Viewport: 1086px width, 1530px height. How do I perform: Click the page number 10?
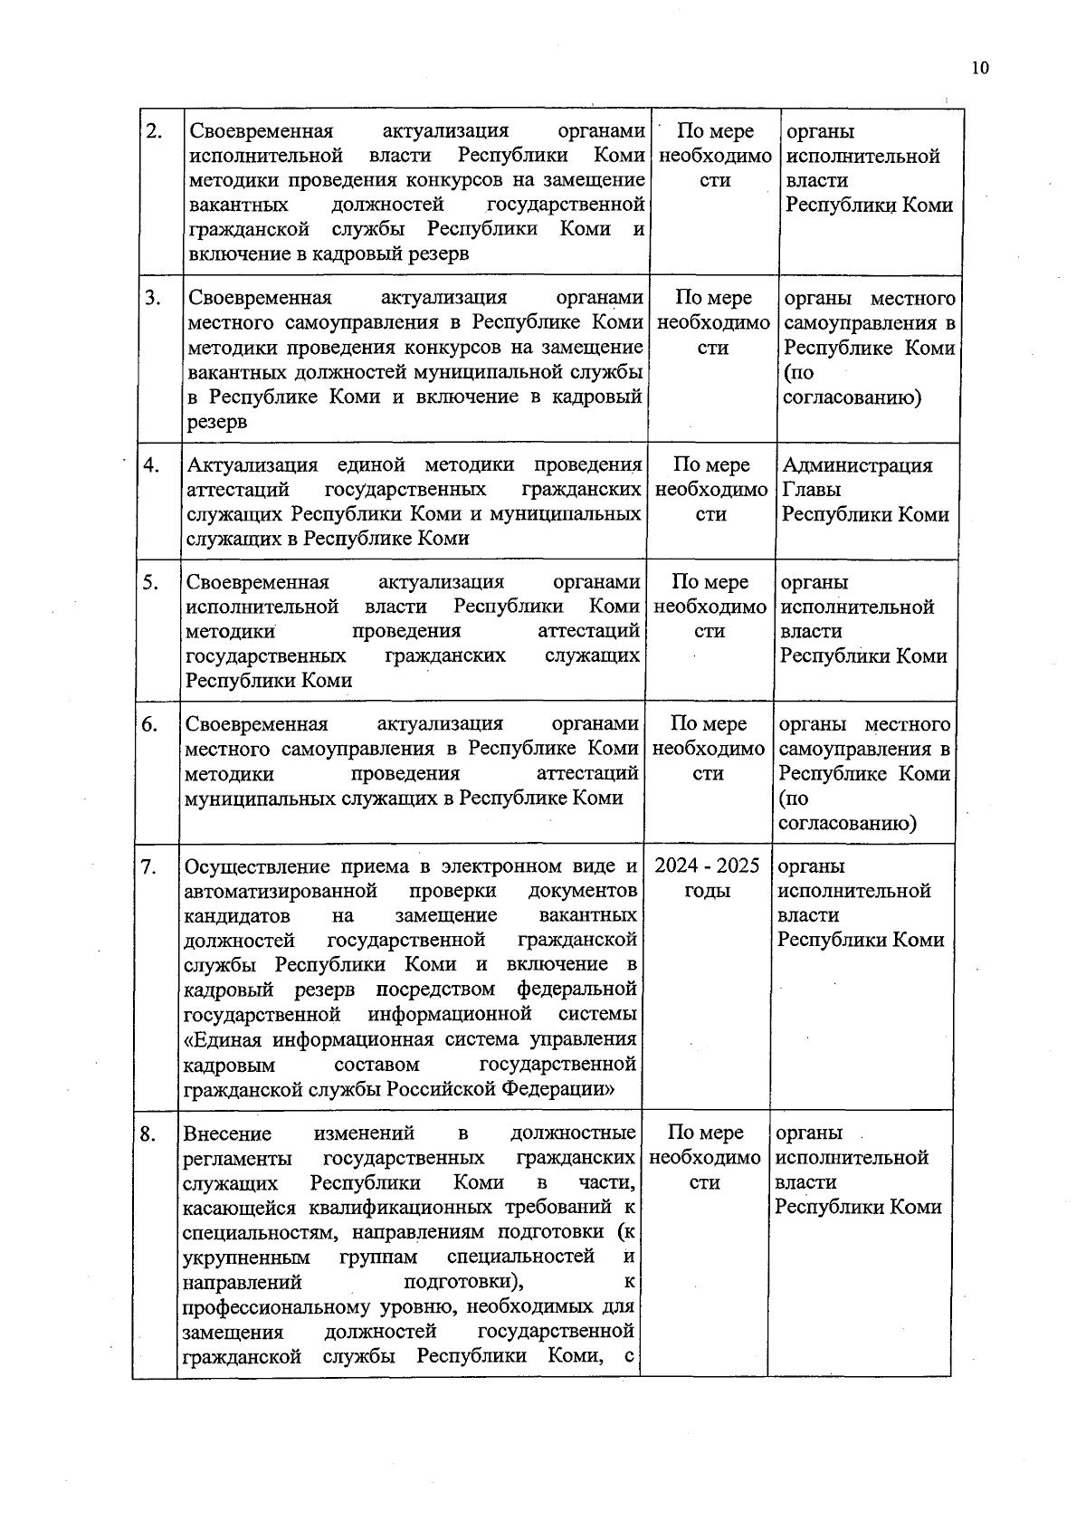coord(980,69)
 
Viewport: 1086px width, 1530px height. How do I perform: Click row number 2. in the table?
coord(154,131)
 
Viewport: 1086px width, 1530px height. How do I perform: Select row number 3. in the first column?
coord(153,298)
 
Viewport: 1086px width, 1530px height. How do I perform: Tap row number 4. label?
coord(151,465)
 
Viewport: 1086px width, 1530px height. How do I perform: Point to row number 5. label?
coord(150,582)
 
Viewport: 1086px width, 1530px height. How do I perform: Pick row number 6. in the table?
coord(149,724)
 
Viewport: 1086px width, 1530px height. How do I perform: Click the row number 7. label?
coord(149,867)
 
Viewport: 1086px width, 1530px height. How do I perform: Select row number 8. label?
coord(148,1133)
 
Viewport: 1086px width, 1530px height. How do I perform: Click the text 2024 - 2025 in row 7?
coord(707,865)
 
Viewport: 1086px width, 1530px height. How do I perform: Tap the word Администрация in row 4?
coord(856,465)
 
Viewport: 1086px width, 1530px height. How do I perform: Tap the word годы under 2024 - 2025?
coord(707,891)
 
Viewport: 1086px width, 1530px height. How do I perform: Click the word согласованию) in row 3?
coord(852,397)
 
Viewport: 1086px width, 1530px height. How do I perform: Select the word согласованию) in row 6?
coord(847,823)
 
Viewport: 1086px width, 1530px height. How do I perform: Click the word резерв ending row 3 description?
coord(217,422)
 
